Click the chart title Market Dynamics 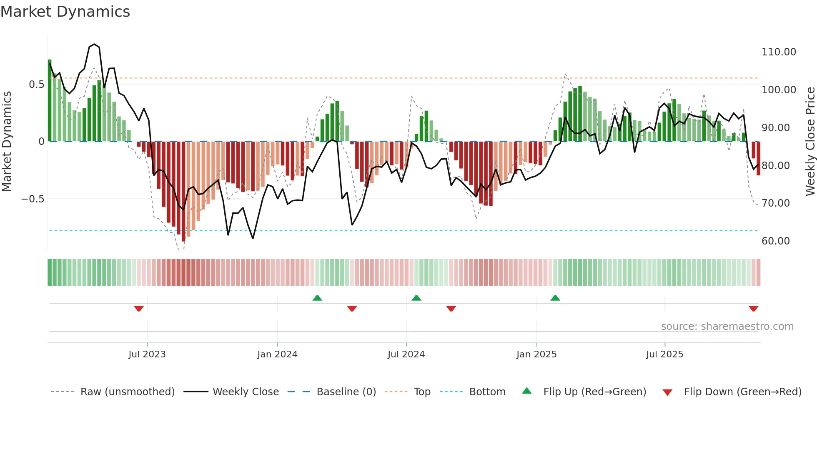(x=65, y=12)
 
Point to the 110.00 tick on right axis (x=778, y=52)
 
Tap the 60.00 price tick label (x=775, y=241)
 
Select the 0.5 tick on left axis (x=36, y=85)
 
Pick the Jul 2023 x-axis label (x=147, y=354)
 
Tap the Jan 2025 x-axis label (x=536, y=354)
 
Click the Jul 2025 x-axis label (x=664, y=354)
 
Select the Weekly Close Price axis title (x=810, y=141)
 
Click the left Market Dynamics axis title (x=7, y=141)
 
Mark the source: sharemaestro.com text (x=727, y=327)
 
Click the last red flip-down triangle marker (x=753, y=309)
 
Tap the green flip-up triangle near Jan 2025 (x=555, y=298)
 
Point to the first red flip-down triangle (x=139, y=309)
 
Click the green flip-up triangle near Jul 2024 (x=416, y=298)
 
